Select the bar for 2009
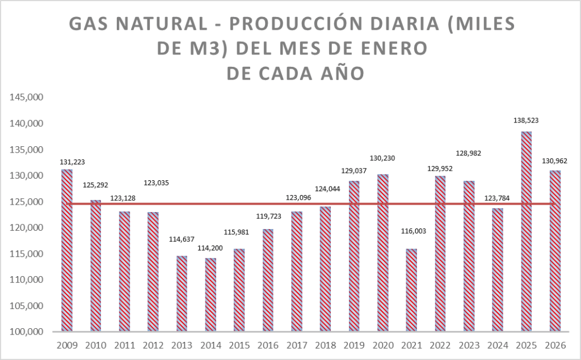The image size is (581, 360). point(67,250)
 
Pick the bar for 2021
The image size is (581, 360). point(411,290)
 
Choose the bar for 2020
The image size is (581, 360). point(383,253)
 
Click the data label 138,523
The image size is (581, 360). point(526,120)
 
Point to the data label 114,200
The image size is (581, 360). point(210,247)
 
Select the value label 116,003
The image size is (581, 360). point(411,231)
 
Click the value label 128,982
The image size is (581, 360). point(469,154)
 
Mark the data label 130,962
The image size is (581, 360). point(554,161)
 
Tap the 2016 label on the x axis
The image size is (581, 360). point(268,345)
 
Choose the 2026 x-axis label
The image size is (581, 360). point(554,345)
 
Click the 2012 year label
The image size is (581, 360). point(153,345)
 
